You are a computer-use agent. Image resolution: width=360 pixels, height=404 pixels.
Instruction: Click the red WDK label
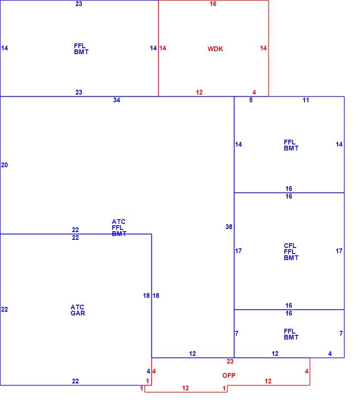coord(215,49)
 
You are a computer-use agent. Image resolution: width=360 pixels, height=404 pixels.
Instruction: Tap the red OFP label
coord(229,375)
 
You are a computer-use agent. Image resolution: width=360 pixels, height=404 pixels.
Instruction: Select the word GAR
coord(77,313)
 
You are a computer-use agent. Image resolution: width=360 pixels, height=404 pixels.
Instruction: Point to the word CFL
coord(290,245)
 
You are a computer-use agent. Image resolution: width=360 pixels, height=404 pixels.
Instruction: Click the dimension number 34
coord(117,100)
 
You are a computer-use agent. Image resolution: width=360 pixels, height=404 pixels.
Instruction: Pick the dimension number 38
coord(229,227)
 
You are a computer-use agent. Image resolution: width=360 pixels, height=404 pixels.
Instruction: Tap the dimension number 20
coord(4,165)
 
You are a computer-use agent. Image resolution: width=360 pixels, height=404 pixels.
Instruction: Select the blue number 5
coord(251,100)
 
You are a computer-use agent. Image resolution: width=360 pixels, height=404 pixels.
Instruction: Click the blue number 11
coord(305,100)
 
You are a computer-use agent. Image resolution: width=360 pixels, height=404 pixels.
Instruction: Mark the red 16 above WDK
coord(213,3)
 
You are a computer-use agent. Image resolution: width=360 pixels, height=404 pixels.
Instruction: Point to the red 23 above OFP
coord(230,361)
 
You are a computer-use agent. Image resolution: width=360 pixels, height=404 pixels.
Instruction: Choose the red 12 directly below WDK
coord(199,92)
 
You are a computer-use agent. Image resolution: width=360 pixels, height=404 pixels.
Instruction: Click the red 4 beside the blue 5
coord(254,92)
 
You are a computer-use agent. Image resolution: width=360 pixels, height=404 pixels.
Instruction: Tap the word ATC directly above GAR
coord(77,307)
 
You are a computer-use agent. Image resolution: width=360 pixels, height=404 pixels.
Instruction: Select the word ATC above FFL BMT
coord(118,222)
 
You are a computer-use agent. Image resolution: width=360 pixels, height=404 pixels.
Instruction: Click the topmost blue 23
coord(79,3)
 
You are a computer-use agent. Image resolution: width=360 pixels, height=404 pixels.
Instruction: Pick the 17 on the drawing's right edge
coord(339,251)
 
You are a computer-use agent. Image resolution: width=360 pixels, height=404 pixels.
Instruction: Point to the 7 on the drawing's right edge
coord(341,334)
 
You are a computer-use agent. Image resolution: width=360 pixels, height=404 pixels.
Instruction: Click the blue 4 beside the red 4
coord(148,371)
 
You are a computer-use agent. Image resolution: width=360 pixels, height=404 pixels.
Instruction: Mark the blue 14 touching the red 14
coord(153,48)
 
